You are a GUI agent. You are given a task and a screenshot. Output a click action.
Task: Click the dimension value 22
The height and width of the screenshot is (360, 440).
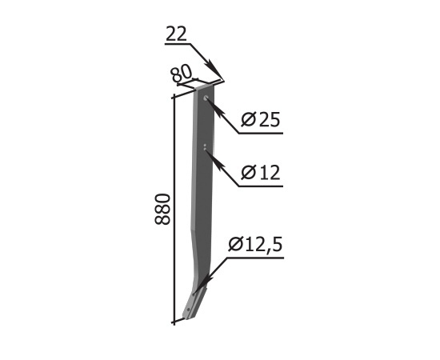[176, 34]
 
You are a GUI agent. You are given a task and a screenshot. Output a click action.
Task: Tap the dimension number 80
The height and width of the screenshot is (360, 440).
[182, 74]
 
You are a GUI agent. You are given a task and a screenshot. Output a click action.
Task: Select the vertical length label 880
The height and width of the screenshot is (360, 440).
[162, 209]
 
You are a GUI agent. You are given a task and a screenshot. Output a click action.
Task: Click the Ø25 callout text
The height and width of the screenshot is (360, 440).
[261, 119]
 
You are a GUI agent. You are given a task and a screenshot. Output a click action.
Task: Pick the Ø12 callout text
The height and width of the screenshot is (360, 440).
[261, 172]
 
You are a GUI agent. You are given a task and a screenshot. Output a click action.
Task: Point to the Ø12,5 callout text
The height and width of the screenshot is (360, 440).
[254, 244]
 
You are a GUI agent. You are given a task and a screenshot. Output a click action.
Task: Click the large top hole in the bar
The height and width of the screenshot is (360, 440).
[206, 98]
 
